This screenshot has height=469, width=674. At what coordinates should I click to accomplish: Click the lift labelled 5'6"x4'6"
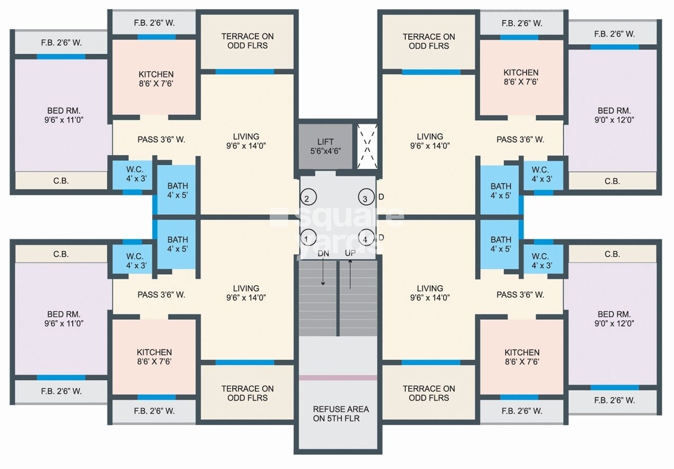[325, 146]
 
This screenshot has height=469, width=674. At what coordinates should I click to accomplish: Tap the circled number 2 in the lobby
[307, 199]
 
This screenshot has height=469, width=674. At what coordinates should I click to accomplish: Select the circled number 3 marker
[365, 199]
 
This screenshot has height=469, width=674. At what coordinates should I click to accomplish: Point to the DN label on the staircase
[323, 254]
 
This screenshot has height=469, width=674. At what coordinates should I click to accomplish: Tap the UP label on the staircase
[350, 254]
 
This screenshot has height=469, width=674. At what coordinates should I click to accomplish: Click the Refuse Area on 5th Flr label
[340, 414]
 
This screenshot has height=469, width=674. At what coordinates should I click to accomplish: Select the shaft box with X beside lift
[367, 146]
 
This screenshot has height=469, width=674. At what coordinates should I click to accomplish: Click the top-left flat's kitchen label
[156, 79]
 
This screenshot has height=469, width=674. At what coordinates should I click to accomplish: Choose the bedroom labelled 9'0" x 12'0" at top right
[613, 115]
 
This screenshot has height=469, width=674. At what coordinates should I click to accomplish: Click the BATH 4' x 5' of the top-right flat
[501, 191]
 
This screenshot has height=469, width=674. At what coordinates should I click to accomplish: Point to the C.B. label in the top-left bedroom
[61, 181]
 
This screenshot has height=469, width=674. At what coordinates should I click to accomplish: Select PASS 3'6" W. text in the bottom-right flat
[520, 295]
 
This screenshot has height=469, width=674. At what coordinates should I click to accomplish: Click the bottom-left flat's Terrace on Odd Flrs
[247, 393]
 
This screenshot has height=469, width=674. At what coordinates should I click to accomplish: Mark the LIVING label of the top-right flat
[430, 141]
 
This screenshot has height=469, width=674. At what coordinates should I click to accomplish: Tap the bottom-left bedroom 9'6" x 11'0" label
[63, 318]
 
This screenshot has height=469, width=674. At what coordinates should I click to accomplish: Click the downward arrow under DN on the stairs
[323, 275]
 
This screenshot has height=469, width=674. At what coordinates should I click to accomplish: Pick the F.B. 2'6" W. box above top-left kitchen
[154, 23]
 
